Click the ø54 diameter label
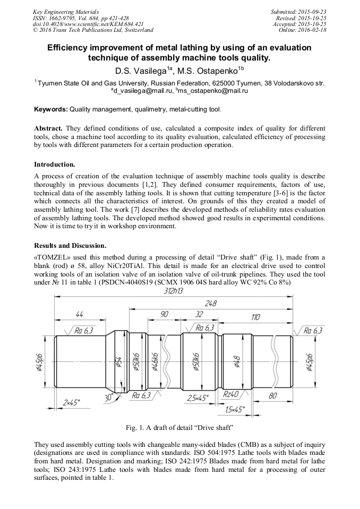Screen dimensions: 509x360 tap(118, 363)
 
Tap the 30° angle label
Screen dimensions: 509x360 tap(109, 396)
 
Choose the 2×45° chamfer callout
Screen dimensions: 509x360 tap(71, 403)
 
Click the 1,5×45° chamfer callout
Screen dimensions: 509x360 tap(234, 409)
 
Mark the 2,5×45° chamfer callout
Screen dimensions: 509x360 tap(198, 397)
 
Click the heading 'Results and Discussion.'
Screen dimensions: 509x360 tap(70, 246)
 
